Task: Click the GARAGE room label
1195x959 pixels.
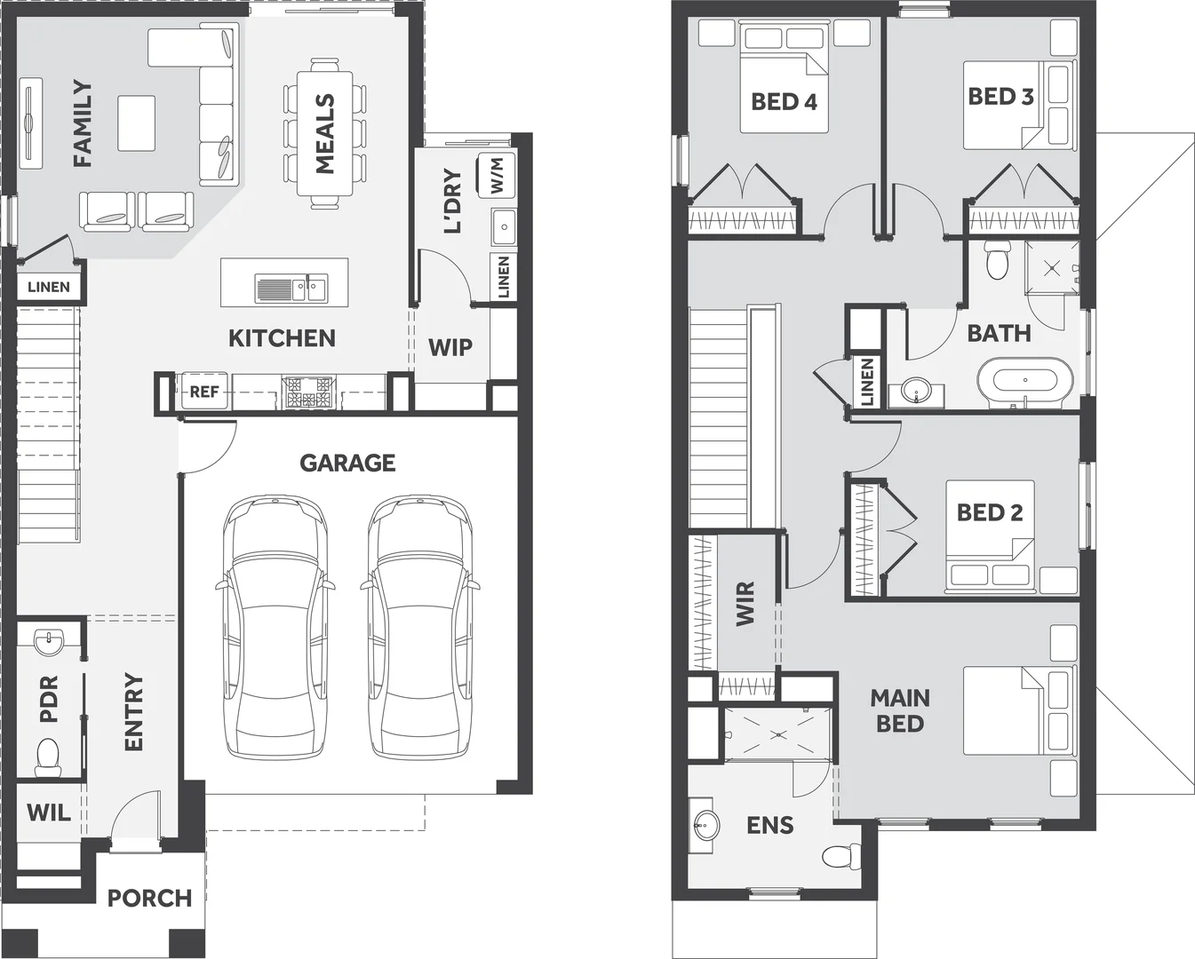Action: [347, 463]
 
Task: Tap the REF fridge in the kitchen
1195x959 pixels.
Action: [204, 392]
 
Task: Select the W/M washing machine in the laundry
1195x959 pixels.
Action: [497, 176]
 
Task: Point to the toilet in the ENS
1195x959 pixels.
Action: [838, 856]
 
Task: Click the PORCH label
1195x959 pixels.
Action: [149, 898]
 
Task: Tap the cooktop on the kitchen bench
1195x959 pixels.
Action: [307, 392]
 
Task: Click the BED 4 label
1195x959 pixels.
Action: [784, 102]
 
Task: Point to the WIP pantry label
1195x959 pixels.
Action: [450, 347]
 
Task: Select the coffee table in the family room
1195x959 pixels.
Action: [136, 123]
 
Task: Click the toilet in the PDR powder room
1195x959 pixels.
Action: [48, 756]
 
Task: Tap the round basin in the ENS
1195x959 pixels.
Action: [705, 827]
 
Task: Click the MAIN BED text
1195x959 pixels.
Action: [900, 710]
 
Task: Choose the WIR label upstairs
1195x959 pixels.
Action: [745, 603]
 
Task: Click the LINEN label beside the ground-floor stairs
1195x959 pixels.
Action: [49, 287]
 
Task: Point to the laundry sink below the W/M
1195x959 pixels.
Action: [504, 227]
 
